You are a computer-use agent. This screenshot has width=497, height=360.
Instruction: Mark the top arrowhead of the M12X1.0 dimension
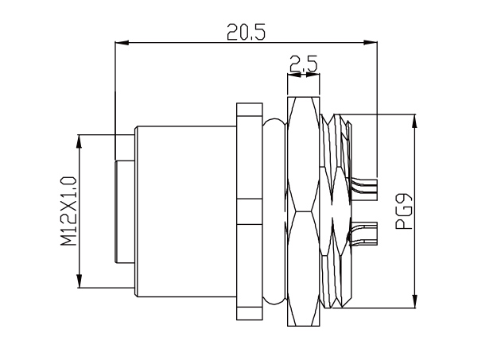pos(80,139)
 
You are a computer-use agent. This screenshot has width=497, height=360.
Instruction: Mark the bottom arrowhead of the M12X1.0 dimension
pos(80,284)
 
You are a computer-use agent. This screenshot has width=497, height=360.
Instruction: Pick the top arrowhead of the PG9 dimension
pos(414,120)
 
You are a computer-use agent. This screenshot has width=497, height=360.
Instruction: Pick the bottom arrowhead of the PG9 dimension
pos(414,303)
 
